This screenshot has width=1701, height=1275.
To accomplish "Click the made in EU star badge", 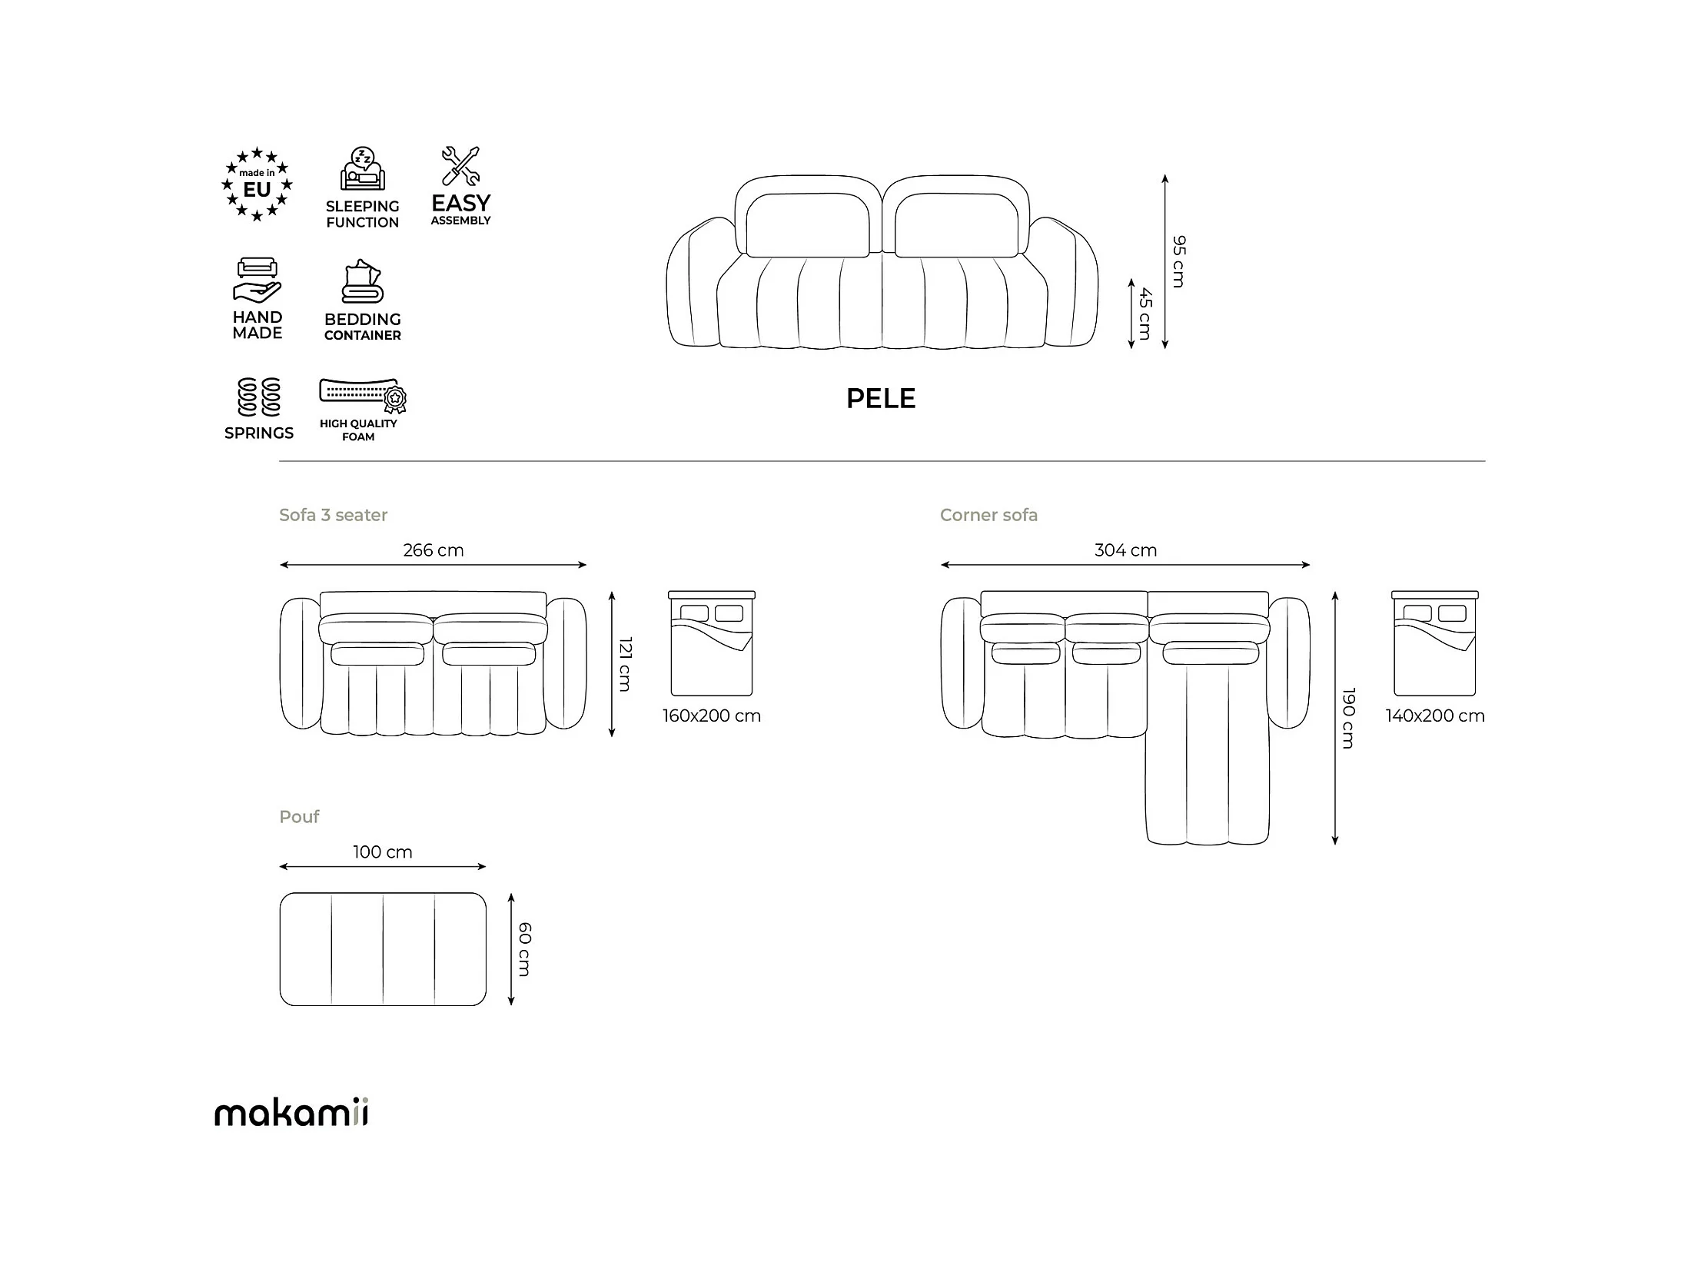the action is pyautogui.click(x=257, y=184).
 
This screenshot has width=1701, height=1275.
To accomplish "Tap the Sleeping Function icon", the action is pyautogui.click(x=362, y=168).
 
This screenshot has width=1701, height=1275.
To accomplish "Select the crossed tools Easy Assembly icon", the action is pyautogui.click(x=460, y=166).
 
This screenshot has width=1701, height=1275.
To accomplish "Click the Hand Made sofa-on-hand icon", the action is pyautogui.click(x=257, y=280).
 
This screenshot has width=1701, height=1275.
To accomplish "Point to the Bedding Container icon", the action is pyautogui.click(x=362, y=282).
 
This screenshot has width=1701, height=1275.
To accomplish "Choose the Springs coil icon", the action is pyautogui.click(x=258, y=397).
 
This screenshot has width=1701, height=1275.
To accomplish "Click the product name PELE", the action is pyautogui.click(x=881, y=398).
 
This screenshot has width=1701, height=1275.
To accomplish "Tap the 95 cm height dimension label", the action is pyautogui.click(x=1179, y=261).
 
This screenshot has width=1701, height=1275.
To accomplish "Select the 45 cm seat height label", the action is pyautogui.click(x=1145, y=313).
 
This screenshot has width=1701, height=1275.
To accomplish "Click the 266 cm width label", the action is pyautogui.click(x=433, y=550).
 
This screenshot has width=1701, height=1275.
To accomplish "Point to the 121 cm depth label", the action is pyautogui.click(x=625, y=664).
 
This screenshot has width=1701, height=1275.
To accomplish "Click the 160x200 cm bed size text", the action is pyautogui.click(x=711, y=716).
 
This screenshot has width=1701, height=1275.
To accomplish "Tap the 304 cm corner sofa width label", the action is pyautogui.click(x=1125, y=550).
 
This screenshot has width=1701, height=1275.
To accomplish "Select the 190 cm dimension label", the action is pyautogui.click(x=1348, y=718).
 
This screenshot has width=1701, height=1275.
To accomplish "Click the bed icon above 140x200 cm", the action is pyautogui.click(x=1434, y=643).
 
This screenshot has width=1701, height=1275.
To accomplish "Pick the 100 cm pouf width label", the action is pyautogui.click(x=382, y=852).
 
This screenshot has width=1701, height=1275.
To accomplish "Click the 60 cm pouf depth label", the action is pyautogui.click(x=524, y=949).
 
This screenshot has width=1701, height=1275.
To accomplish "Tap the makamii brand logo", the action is pyautogui.click(x=291, y=1112).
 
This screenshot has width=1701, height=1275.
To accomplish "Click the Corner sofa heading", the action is pyautogui.click(x=988, y=515).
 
